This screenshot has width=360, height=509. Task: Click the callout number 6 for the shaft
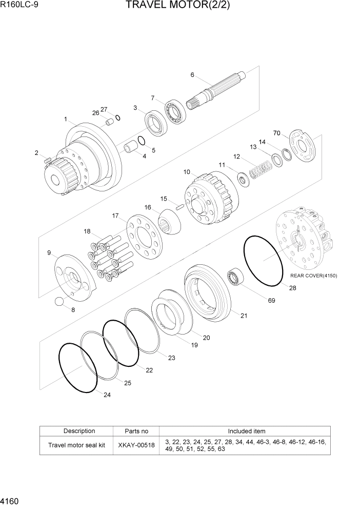[192, 75]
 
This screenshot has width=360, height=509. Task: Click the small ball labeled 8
[61, 302]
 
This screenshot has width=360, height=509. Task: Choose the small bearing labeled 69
[235, 278]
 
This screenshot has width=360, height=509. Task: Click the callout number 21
[244, 316]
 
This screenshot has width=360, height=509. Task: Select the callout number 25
[127, 383]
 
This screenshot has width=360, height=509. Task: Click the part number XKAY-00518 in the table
[136, 445]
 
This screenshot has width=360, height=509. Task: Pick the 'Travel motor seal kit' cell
[76, 445]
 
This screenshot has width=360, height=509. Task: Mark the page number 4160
[11, 499]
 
